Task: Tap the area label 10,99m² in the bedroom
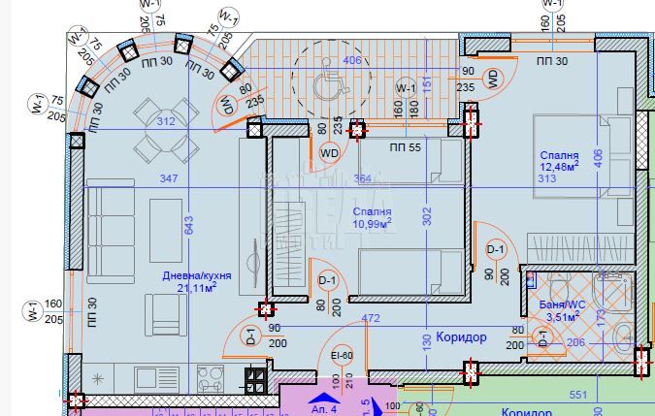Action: click(374, 224)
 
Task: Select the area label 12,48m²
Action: click(560, 167)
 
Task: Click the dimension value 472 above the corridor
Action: click(370, 317)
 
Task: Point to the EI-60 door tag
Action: click(342, 355)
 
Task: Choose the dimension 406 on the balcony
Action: click(352, 61)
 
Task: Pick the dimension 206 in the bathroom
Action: click(575, 342)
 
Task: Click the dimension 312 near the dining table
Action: click(167, 121)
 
